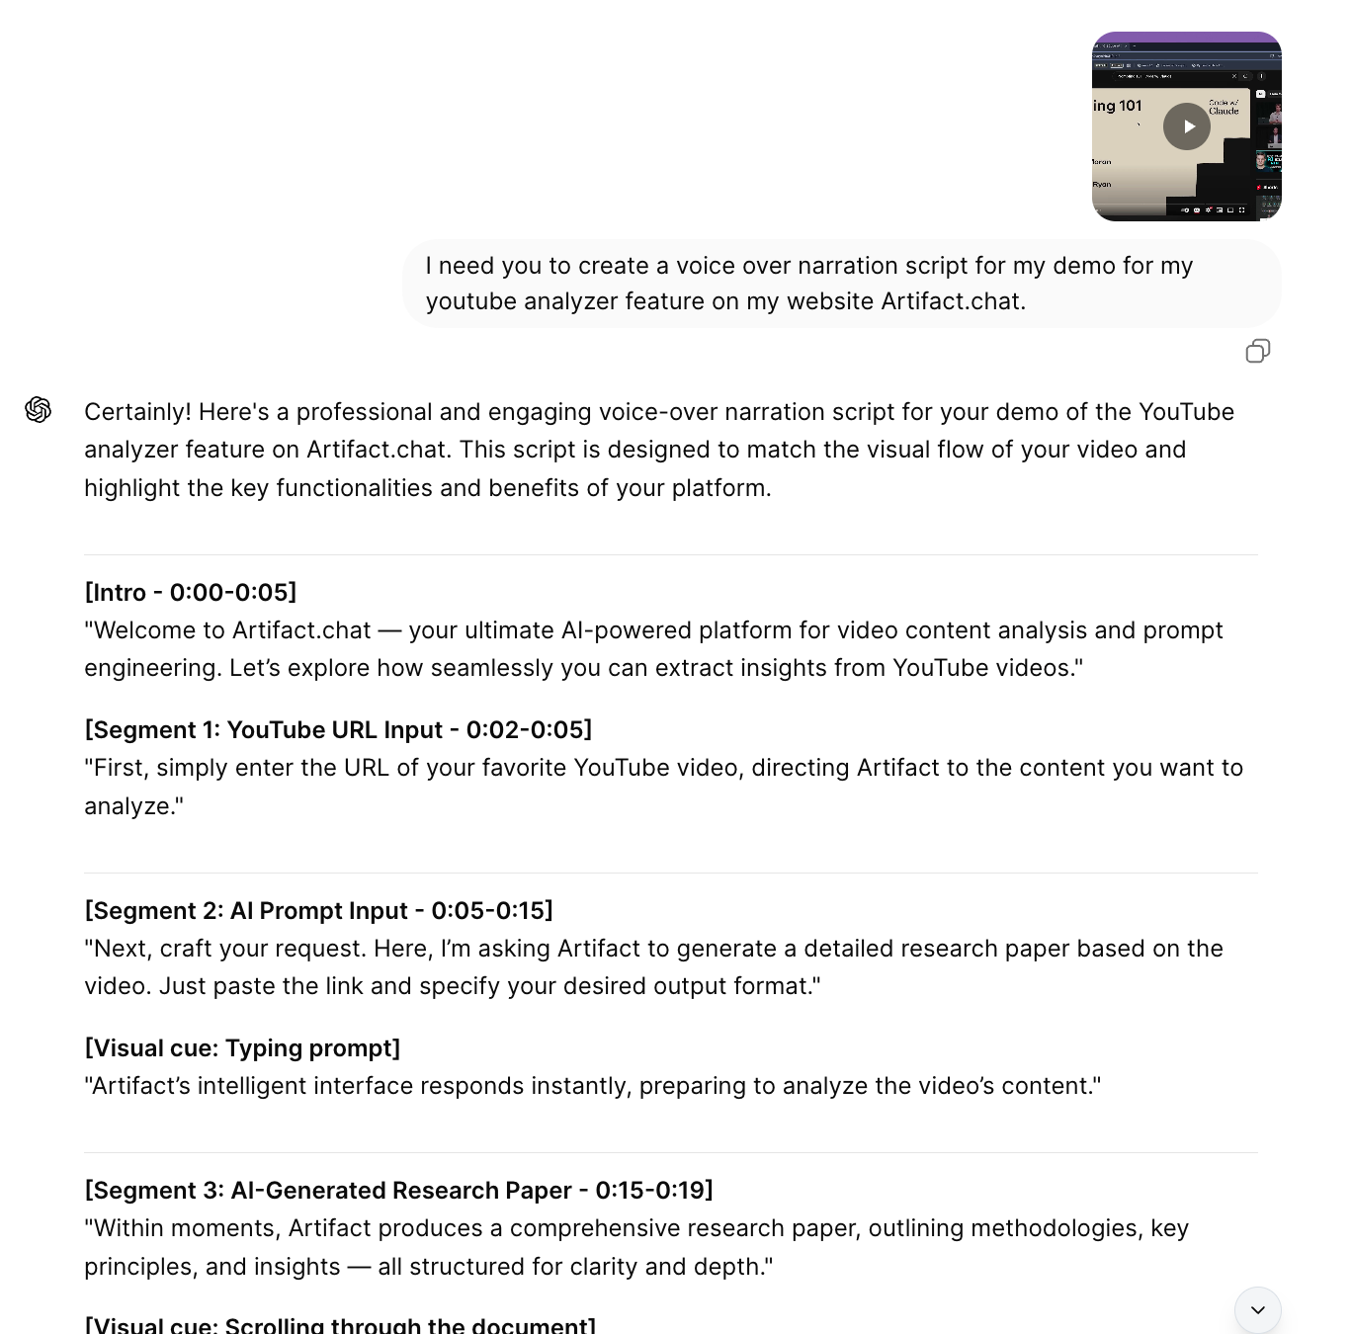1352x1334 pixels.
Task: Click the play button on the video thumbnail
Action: pos(1187,126)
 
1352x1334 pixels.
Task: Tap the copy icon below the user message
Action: pos(1257,351)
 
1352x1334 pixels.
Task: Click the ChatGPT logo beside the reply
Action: pos(39,409)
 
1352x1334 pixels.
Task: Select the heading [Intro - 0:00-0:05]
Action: pos(191,592)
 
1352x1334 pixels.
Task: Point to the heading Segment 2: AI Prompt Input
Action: pos(318,910)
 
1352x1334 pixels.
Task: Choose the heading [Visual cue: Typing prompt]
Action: pos(242,1047)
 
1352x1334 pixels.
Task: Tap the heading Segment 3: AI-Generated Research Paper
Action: pos(398,1190)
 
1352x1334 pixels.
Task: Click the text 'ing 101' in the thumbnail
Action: pos(1118,106)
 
